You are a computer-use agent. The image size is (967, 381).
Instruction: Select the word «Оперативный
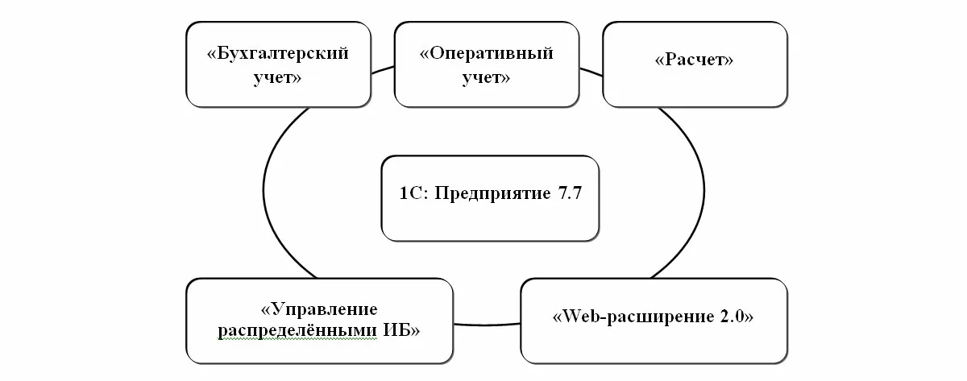coord(487,54)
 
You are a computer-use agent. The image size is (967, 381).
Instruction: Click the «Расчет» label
coord(695,60)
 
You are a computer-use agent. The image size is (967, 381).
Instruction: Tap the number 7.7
coord(564,195)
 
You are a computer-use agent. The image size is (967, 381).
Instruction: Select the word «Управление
coord(319,309)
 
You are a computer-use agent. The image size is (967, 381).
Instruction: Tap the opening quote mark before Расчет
coord(660,60)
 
